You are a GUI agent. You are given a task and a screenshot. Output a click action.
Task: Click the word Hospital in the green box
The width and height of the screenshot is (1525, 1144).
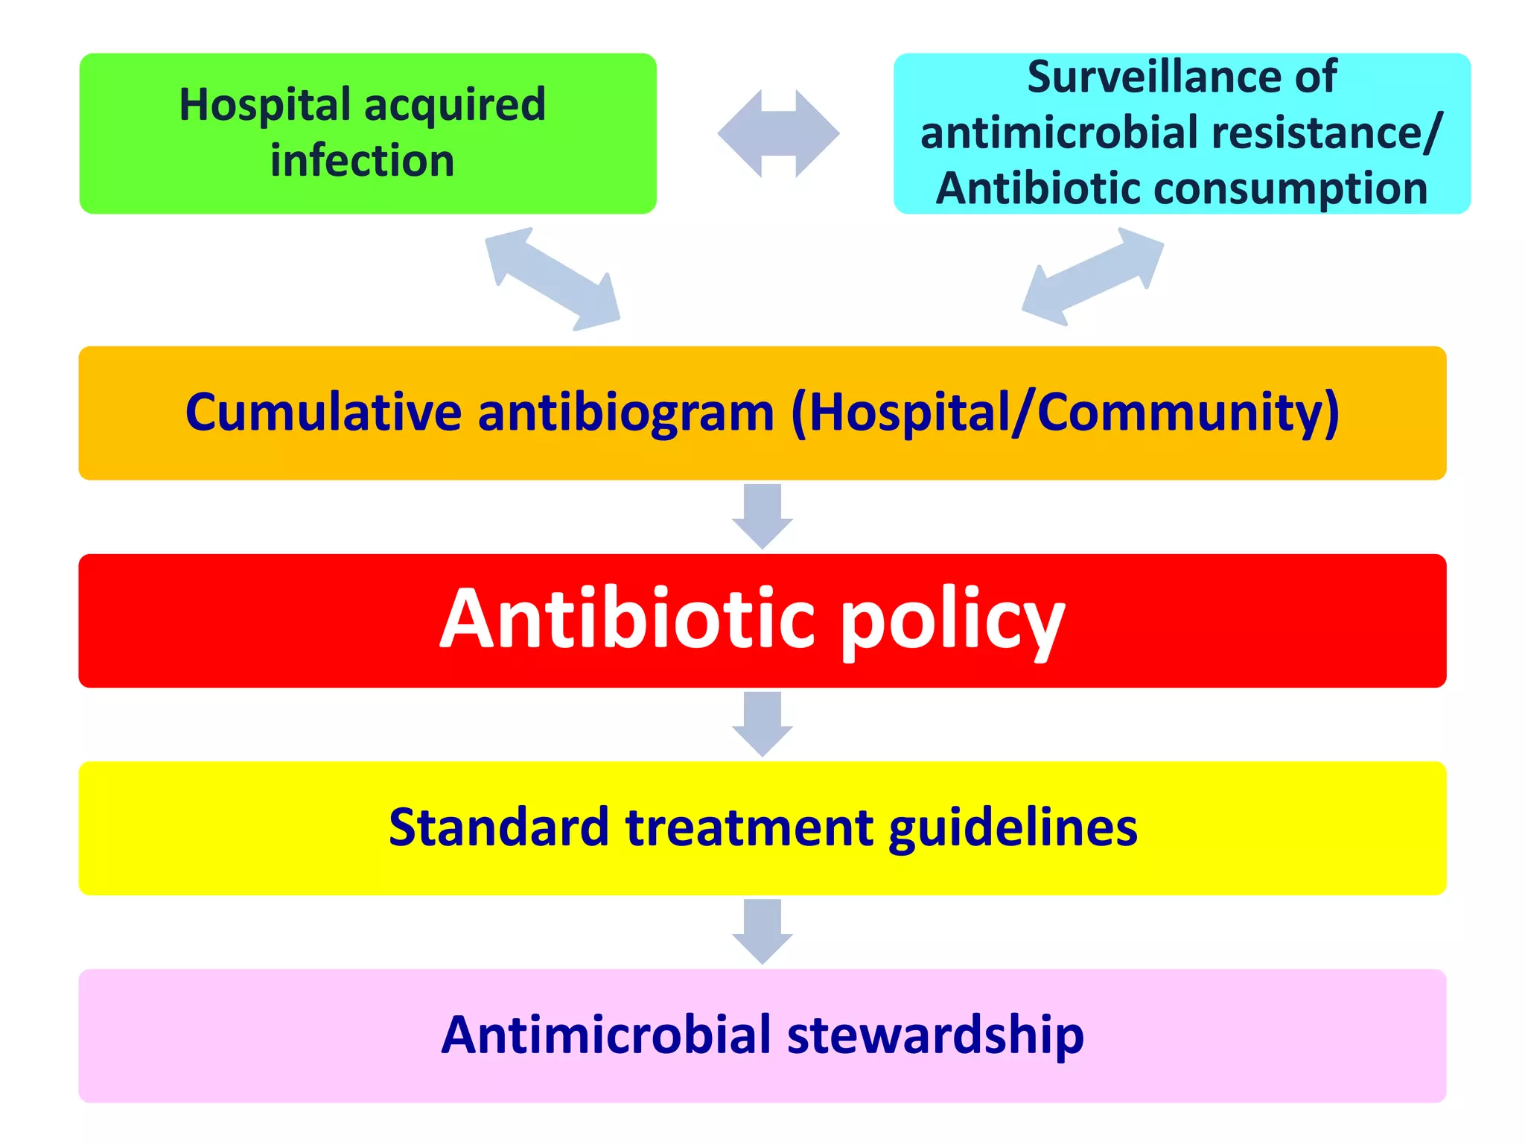[265, 104]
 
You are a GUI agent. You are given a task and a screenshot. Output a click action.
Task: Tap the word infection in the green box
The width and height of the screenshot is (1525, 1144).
[362, 161]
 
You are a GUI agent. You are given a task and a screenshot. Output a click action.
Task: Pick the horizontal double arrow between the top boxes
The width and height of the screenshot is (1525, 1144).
[778, 134]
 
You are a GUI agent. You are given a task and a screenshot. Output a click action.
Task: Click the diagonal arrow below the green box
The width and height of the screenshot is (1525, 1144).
[552, 279]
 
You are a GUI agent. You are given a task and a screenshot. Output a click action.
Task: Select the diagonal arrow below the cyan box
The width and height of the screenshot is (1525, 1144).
[1092, 277]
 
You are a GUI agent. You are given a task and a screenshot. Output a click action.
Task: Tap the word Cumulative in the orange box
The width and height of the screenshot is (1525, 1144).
[323, 413]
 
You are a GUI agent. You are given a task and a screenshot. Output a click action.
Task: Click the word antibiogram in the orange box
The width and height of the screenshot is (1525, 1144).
[625, 413]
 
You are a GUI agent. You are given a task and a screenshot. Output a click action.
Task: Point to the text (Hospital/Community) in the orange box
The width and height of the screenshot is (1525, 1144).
[1065, 413]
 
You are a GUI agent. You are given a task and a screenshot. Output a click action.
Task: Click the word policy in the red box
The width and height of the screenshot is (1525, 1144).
[952, 620]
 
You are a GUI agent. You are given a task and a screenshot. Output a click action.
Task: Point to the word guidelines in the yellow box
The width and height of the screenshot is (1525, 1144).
[1013, 828]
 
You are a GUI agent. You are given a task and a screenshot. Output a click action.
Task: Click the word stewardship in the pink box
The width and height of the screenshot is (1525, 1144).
[935, 1035]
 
